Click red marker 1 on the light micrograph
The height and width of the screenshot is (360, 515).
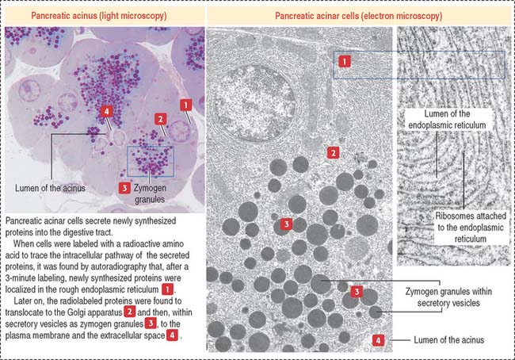[x=185, y=104]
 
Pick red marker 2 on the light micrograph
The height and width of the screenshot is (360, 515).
[x=160, y=119]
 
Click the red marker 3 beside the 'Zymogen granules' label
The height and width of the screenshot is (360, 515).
[x=124, y=187]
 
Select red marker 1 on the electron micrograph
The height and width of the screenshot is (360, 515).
[x=344, y=59]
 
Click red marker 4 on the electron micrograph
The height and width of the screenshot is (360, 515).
[x=380, y=340]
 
